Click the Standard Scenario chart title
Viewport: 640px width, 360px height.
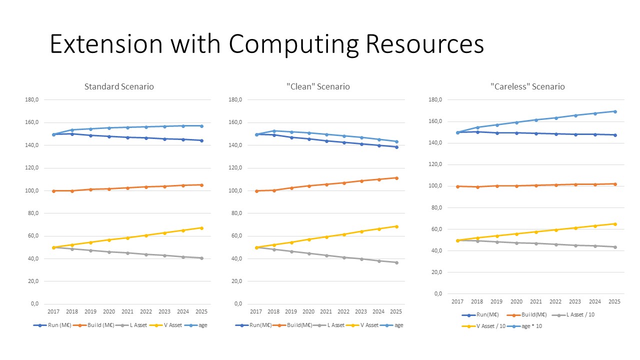pyautogui.click(x=119, y=86)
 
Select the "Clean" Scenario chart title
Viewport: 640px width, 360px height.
pyautogui.click(x=318, y=86)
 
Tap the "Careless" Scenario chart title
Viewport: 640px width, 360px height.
pyautogui.click(x=527, y=86)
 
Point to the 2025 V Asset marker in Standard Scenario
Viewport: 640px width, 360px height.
pyautogui.click(x=201, y=228)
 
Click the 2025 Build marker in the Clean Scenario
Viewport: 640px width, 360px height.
pyautogui.click(x=396, y=178)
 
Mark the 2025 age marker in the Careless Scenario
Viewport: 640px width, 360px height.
pyautogui.click(x=614, y=111)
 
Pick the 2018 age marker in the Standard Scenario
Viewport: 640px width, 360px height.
pyautogui.click(x=72, y=130)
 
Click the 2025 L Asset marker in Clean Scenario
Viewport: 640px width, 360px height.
pyautogui.click(x=396, y=262)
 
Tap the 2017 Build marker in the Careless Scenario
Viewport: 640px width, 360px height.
pyautogui.click(x=457, y=186)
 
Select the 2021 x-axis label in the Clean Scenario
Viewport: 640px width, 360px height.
pyautogui.click(x=326, y=311)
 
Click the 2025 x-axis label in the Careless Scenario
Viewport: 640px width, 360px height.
pyautogui.click(x=614, y=301)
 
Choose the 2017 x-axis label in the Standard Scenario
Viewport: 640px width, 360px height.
pyautogui.click(x=53, y=311)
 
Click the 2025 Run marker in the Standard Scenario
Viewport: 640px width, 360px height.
pyautogui.click(x=201, y=140)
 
